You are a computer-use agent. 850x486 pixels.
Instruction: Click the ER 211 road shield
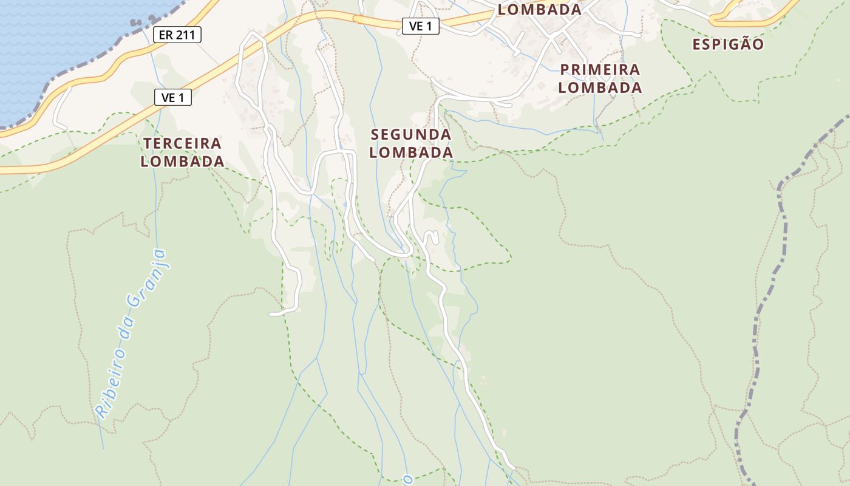pyautogui.click(x=177, y=35)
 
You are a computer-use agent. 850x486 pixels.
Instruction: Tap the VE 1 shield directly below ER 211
pyautogui.click(x=173, y=97)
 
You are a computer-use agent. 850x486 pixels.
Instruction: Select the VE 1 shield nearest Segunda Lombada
pyautogui.click(x=420, y=26)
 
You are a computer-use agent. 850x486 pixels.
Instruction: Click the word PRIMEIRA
pyautogui.click(x=600, y=70)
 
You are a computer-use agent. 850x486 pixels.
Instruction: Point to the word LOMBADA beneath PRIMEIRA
pyautogui.click(x=600, y=87)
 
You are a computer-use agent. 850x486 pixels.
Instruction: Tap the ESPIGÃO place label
pyautogui.click(x=728, y=44)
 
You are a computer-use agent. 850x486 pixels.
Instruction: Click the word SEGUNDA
pyautogui.click(x=411, y=134)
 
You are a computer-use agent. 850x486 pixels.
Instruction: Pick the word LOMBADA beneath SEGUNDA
pyautogui.click(x=411, y=152)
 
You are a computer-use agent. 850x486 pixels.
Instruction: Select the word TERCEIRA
pyautogui.click(x=182, y=143)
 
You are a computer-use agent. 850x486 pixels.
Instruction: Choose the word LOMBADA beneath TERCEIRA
pyautogui.click(x=182, y=162)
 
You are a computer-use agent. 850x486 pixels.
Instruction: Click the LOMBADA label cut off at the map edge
pyautogui.click(x=539, y=9)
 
